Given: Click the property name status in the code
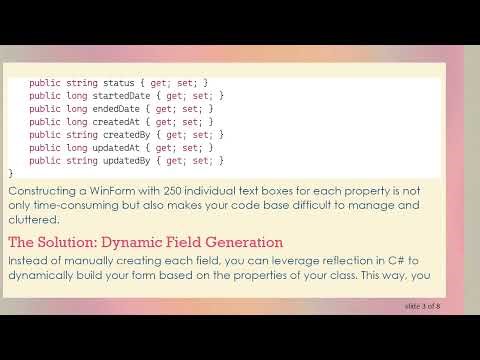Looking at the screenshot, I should coord(119,83).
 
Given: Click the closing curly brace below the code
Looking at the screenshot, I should coord(11,173).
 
